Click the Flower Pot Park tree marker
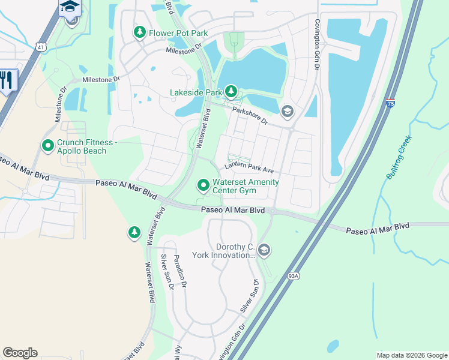coord(140,32)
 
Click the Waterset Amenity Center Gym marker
coord(203,186)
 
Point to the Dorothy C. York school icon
coord(264,250)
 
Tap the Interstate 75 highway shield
coord(390,103)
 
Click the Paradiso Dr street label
coord(180,270)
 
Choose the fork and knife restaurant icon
coord(7,80)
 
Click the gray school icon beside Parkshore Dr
coord(288,112)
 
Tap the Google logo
coord(20,353)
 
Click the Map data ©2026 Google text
coord(411,355)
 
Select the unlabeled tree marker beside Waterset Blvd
coord(134,233)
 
